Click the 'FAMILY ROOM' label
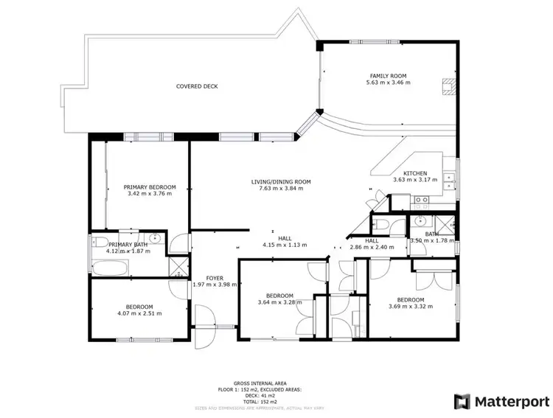coord(388,76)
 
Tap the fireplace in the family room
coord(447,87)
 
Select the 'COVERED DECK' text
coord(197,86)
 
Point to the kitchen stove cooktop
coord(421,199)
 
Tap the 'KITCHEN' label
coord(414,173)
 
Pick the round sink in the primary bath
coord(155,238)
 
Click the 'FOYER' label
coord(214,278)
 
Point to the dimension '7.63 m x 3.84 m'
coord(281,188)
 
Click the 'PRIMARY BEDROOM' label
coord(150,187)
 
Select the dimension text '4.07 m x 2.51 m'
coord(139,313)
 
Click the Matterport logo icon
coord(462,402)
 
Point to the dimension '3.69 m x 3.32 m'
coord(410,306)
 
